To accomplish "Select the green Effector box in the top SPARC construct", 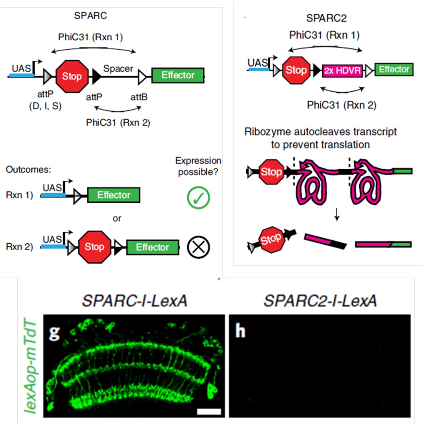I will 178,75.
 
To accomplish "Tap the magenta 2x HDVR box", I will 342,71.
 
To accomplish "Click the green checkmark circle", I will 198,197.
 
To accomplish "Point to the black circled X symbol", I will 198,247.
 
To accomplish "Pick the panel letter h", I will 239,332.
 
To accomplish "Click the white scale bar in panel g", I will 209,411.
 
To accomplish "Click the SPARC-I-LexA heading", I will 134,301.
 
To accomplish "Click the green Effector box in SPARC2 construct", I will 394,70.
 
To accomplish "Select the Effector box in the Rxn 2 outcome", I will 152,247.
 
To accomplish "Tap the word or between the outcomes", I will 117,218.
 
